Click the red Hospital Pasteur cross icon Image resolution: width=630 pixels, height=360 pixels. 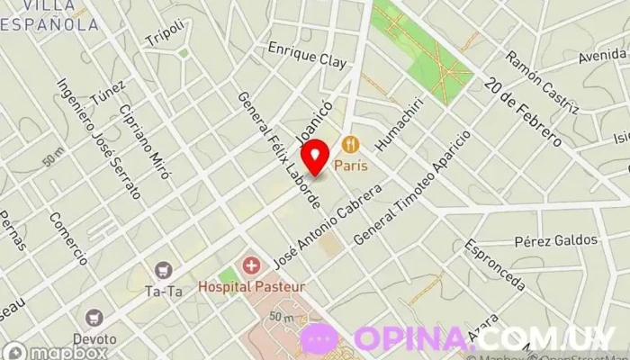tap(251, 266)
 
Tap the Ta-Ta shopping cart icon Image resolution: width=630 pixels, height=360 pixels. tap(163, 270)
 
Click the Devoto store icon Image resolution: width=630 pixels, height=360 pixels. tap(94, 318)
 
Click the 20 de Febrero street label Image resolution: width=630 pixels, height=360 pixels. tap(522, 113)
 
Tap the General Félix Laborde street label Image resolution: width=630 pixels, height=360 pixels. tap(277, 149)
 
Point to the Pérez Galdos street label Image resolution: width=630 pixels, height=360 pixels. tap(556, 240)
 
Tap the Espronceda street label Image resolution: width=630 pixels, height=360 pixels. tap(495, 265)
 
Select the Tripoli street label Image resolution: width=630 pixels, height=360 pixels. tap(168, 32)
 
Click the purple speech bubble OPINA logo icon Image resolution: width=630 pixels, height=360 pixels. tap(320, 337)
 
